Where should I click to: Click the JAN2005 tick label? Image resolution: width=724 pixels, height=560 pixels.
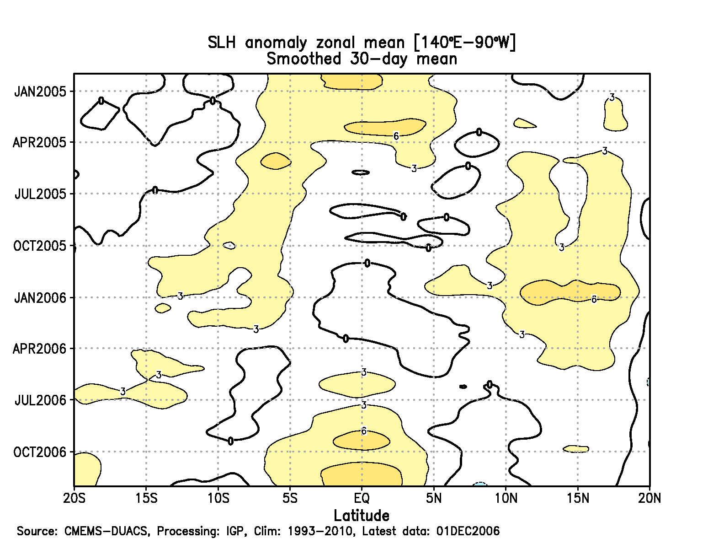click(40, 92)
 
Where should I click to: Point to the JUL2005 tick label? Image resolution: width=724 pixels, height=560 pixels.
click(40, 194)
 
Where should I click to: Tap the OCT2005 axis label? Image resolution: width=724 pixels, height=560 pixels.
click(40, 246)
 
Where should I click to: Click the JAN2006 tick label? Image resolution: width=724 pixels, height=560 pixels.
click(40, 298)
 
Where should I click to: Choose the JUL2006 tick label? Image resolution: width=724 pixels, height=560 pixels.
click(40, 400)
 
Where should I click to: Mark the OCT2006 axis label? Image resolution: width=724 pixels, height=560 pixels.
click(40, 452)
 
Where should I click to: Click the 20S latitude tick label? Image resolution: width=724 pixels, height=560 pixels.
click(74, 498)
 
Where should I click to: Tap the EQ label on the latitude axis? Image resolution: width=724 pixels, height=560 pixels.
click(362, 498)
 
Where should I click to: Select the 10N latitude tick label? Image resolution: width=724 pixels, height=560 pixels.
click(506, 498)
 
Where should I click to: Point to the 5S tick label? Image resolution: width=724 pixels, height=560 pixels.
click(290, 498)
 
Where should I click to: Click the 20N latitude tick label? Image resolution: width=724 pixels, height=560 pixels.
click(649, 498)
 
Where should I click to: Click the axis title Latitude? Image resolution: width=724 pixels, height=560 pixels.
click(362, 516)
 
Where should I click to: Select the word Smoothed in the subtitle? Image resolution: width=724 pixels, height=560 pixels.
click(304, 59)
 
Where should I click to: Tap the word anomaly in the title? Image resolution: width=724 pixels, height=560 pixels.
click(276, 43)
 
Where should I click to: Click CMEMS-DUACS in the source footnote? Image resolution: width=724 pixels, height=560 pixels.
click(106, 531)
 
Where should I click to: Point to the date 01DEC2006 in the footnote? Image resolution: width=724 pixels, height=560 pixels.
click(468, 531)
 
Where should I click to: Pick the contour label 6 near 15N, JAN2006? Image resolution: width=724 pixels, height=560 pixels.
click(594, 300)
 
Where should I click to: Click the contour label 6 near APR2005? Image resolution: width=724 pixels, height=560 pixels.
click(396, 136)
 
